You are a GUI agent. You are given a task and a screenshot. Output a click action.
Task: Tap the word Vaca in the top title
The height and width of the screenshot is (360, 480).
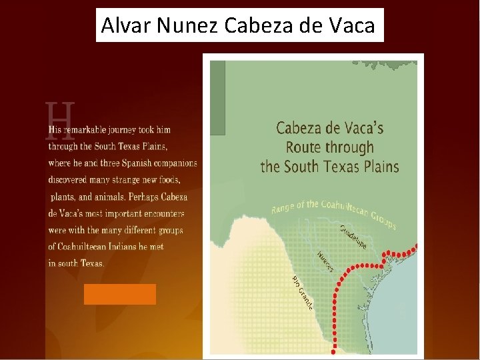[x=352, y=25]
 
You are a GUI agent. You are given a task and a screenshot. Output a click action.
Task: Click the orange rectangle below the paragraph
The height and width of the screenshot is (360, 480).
[x=120, y=294]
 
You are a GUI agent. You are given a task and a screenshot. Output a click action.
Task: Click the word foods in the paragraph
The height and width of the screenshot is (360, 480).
[x=168, y=180]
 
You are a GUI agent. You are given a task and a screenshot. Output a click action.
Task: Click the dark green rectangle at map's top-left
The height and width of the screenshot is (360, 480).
[x=217, y=97]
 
